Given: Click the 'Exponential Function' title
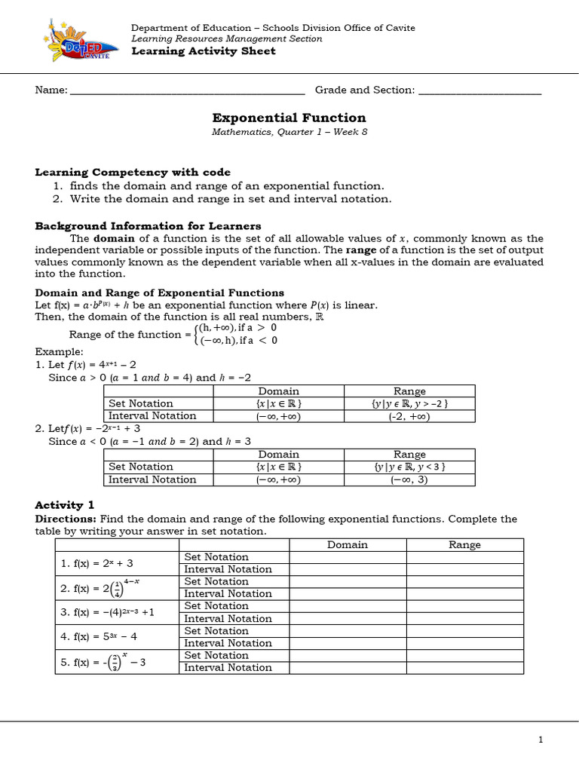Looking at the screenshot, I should tap(289, 118).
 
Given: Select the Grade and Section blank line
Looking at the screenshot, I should tap(479, 90).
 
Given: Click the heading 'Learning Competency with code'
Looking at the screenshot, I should tap(133, 172).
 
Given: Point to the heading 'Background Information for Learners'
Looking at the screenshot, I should tap(148, 225).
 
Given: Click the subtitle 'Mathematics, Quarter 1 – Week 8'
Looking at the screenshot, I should tap(289, 132).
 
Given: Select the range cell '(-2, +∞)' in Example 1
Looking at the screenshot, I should tap(409, 415).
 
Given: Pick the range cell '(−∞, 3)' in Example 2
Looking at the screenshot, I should tap(409, 479).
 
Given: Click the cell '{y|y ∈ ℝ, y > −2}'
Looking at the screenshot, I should tap(409, 403).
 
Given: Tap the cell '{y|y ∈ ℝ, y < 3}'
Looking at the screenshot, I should tap(409, 467).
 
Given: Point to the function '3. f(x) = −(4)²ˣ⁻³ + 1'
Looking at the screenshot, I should tap(107, 612).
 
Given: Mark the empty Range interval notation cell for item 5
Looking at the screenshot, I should tap(464, 668).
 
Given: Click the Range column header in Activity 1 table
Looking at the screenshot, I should tap(464, 544).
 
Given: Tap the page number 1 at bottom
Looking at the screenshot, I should tap(541, 740).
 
